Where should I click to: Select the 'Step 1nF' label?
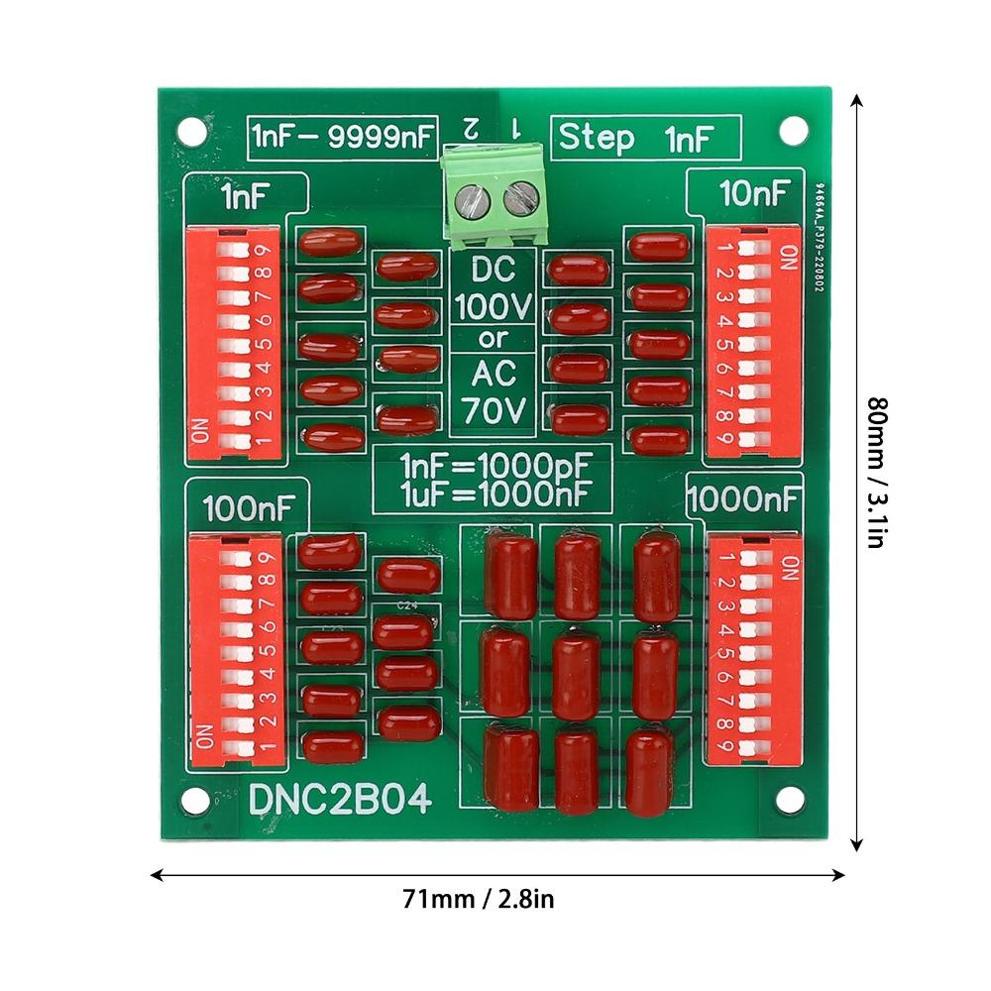coord(644,138)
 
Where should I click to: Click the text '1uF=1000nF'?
coord(493,490)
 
